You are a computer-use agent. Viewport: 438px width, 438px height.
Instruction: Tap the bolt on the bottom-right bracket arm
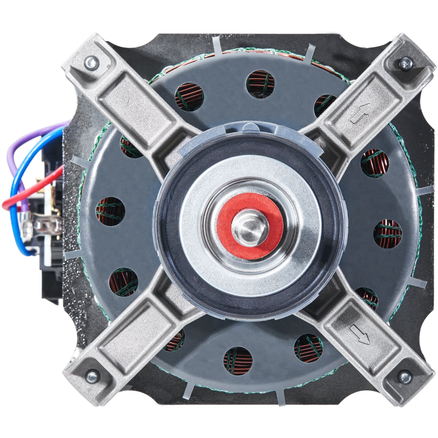point(405,377)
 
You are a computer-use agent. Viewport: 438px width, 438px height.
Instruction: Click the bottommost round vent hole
point(238,361)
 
